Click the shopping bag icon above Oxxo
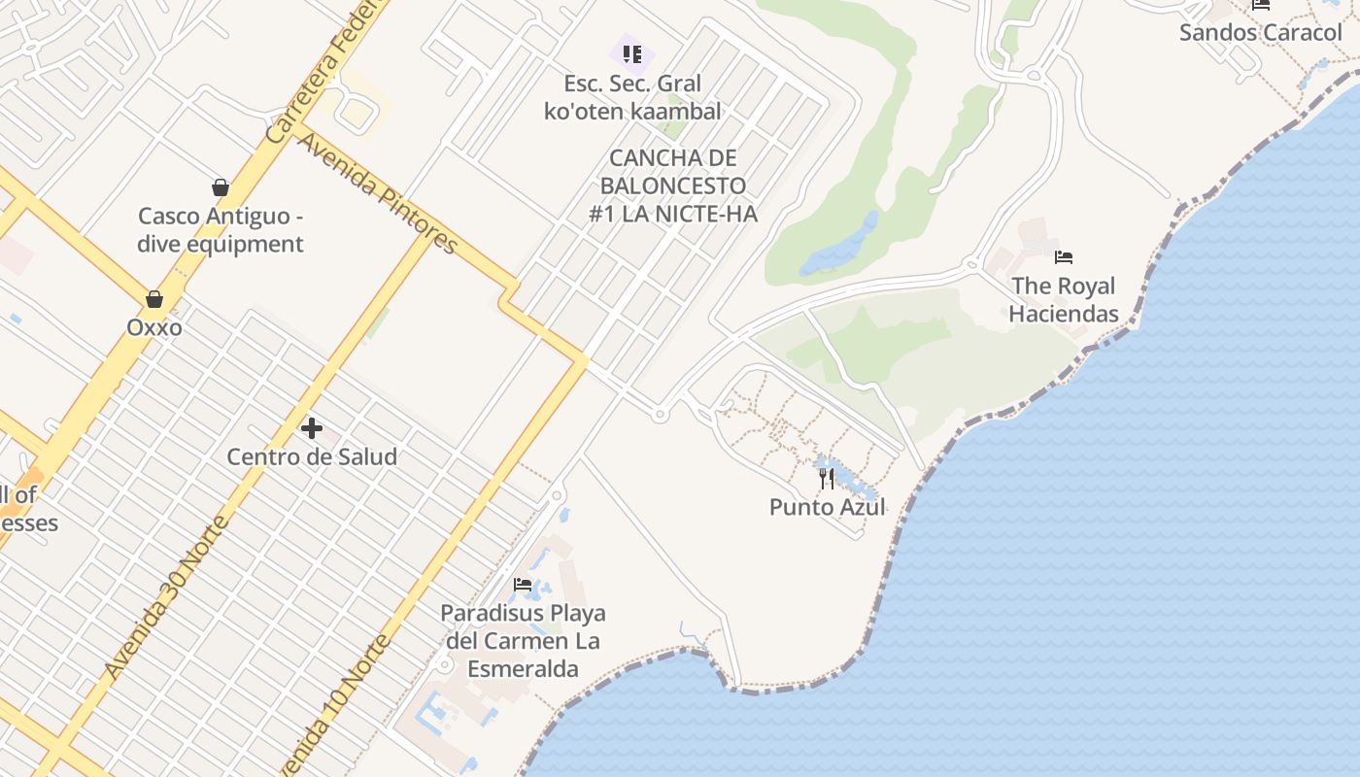click(153, 298)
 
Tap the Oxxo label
click(153, 327)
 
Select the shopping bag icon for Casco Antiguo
click(221, 187)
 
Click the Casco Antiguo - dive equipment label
click(221, 230)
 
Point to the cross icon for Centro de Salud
click(312, 427)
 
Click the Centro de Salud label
click(312, 456)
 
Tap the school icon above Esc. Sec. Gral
click(632, 54)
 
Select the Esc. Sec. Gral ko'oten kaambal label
click(632, 97)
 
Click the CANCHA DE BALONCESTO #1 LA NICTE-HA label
click(672, 186)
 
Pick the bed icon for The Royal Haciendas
click(1064, 257)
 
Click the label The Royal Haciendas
click(1064, 299)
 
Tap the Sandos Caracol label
click(1260, 32)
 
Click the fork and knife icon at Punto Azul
click(827, 478)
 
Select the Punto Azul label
click(827, 507)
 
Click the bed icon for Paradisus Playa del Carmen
click(523, 585)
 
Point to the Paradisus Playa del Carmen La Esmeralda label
click(523, 641)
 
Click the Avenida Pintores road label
click(377, 193)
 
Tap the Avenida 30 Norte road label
click(166, 597)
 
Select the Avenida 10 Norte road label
click(335, 704)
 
